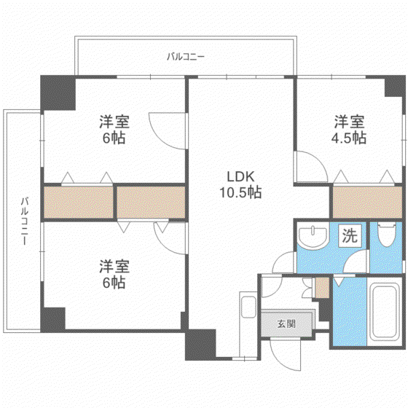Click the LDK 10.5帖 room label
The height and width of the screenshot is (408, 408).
(240, 185)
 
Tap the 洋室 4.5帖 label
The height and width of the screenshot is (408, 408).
(349, 130)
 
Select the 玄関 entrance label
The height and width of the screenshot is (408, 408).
(286, 324)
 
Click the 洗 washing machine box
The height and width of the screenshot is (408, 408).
(350, 235)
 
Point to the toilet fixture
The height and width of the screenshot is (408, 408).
(386, 234)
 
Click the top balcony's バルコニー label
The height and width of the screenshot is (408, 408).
(186, 56)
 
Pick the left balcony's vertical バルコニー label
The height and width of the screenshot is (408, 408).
(25, 221)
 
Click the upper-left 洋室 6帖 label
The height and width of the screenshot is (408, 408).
(114, 130)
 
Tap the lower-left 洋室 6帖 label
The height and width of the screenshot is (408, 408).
(114, 274)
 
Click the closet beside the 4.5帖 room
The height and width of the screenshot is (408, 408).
(367, 203)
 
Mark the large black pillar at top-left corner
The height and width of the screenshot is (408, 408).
(58, 93)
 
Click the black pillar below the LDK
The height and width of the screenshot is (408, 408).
(200, 345)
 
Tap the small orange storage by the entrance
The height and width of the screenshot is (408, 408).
(322, 288)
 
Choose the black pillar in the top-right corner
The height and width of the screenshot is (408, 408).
(395, 86)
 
